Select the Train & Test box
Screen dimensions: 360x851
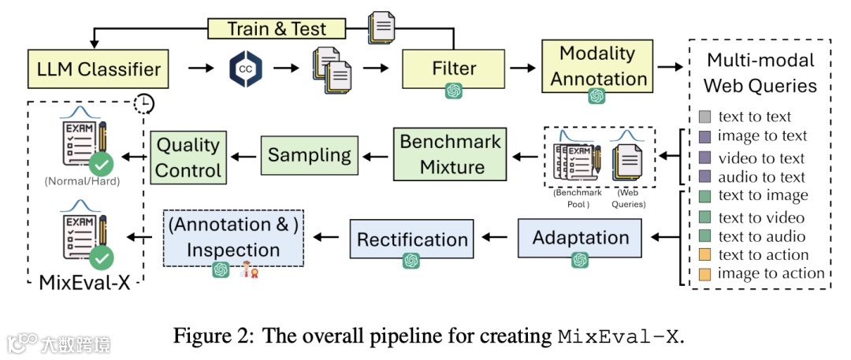click(x=277, y=29)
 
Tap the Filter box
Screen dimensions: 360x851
click(x=454, y=69)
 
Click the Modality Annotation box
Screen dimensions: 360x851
click(x=597, y=66)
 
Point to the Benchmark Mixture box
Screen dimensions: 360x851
click(x=451, y=154)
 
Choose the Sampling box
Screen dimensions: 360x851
click(x=310, y=155)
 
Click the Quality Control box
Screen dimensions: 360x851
click(x=188, y=158)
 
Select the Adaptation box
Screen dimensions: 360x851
click(x=581, y=238)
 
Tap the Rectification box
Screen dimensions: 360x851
click(x=412, y=239)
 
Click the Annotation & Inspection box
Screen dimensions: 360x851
click(x=234, y=238)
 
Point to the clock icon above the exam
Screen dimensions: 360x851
click(x=144, y=104)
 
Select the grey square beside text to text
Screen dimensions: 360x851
click(x=704, y=117)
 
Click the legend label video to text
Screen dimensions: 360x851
click(x=760, y=158)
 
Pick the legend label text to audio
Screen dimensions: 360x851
click(x=761, y=236)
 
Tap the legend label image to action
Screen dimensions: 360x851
click(x=771, y=274)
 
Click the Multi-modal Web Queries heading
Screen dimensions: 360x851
click(x=760, y=72)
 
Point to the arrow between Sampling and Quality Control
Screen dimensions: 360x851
click(x=243, y=155)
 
